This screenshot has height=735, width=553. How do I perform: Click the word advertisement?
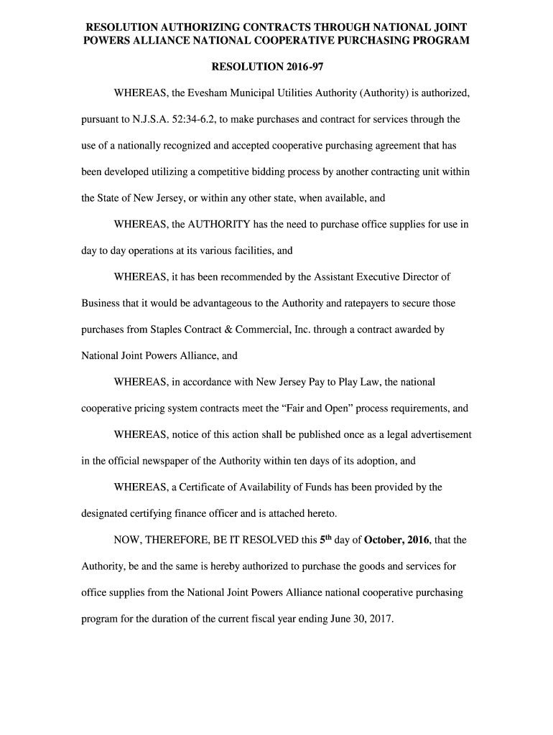pos(438,435)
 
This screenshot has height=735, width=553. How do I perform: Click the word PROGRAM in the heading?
pos(437,41)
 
